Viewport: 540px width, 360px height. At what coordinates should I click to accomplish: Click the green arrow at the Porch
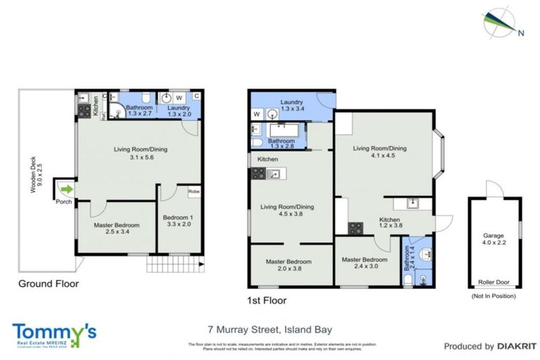pyautogui.click(x=65, y=188)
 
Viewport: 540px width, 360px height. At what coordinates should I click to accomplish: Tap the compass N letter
pyautogui.click(x=521, y=32)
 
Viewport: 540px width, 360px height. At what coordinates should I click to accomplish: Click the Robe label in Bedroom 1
pyautogui.click(x=193, y=191)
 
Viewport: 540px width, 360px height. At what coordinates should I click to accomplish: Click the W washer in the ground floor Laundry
pyautogui.click(x=179, y=98)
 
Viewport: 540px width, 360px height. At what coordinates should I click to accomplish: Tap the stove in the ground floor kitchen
pyautogui.click(x=83, y=111)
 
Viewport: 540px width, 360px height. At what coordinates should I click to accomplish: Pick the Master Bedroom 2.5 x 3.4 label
pyautogui.click(x=117, y=228)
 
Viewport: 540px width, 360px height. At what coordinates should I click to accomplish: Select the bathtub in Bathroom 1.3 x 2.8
pyautogui.click(x=285, y=129)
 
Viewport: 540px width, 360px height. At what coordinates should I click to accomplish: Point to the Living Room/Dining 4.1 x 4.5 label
pyautogui.click(x=380, y=152)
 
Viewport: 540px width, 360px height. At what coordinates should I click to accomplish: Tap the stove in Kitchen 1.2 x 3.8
pyautogui.click(x=356, y=227)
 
